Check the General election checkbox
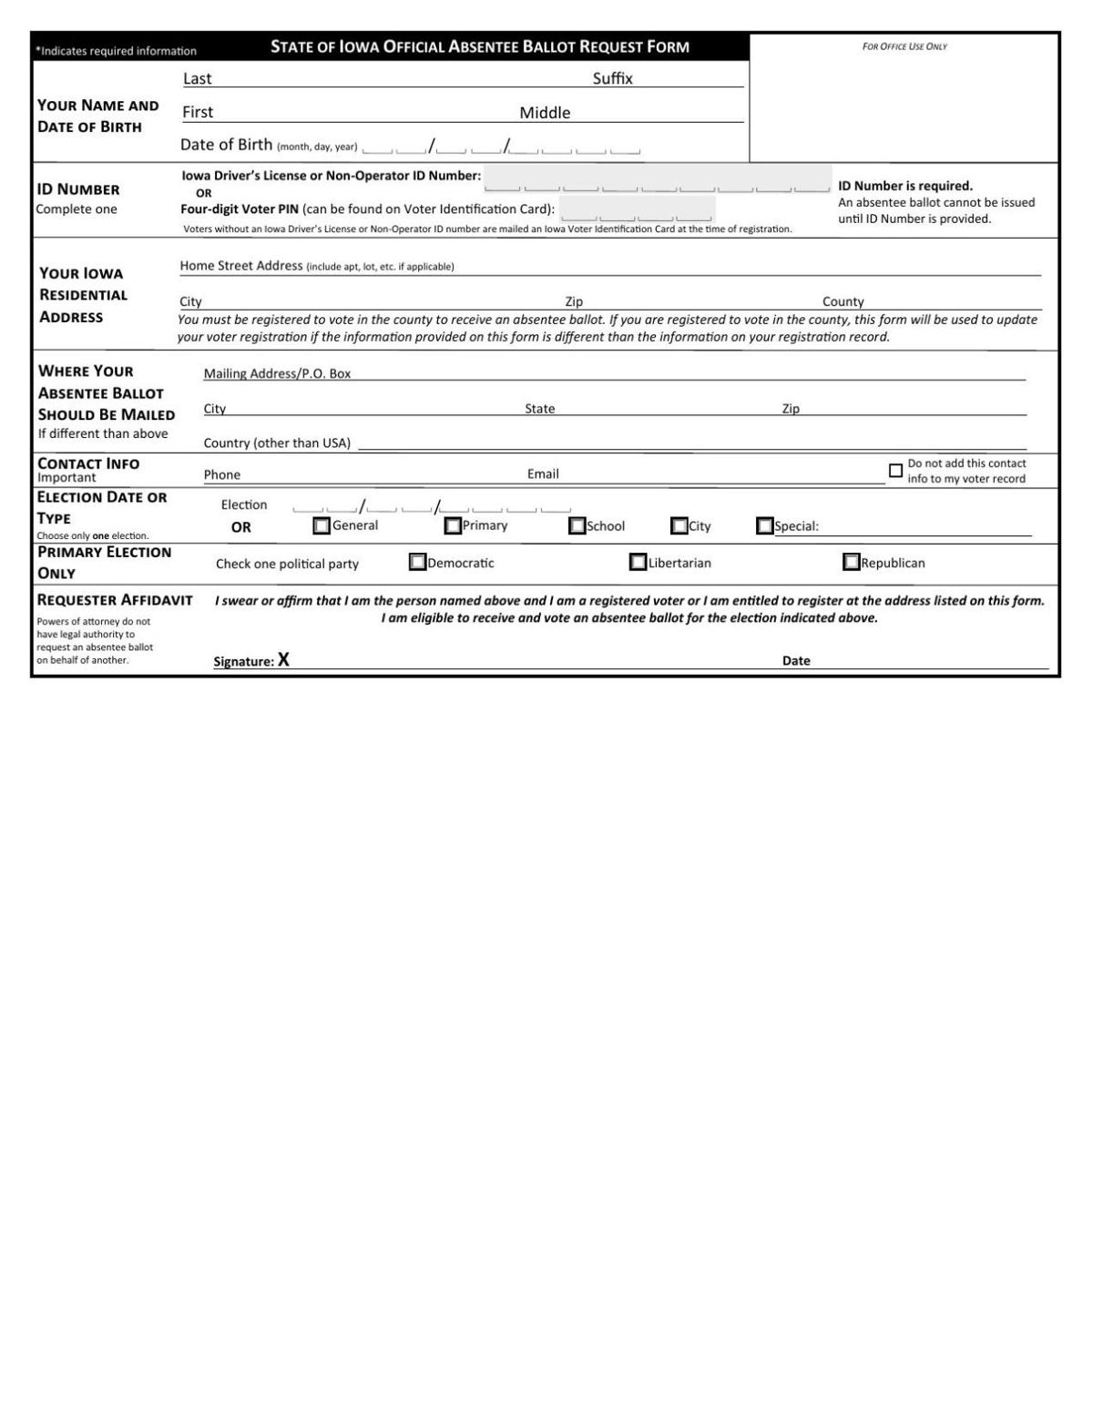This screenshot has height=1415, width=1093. pyautogui.click(x=322, y=526)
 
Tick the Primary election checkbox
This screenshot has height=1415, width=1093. pyautogui.click(x=453, y=526)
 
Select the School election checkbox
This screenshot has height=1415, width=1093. pyautogui.click(x=577, y=526)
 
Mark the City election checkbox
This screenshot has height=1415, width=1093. pyautogui.click(x=679, y=526)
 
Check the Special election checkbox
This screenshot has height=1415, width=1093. pyautogui.click(x=765, y=526)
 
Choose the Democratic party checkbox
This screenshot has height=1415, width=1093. pyautogui.click(x=418, y=563)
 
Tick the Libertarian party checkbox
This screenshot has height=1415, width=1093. pyautogui.click(x=638, y=563)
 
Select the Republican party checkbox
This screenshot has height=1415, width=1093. pyautogui.click(x=852, y=563)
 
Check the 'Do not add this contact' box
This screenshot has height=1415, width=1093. pyautogui.click(x=895, y=471)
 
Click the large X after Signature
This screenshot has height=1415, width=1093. pyautogui.click(x=284, y=660)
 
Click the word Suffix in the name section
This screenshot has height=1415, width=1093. pyautogui.click(x=612, y=78)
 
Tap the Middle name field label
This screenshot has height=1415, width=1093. pyautogui.click(x=545, y=113)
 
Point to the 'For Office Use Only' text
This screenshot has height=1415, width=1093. pyautogui.click(x=904, y=46)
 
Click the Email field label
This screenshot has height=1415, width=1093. pyautogui.click(x=543, y=473)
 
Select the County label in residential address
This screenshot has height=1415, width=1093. pyautogui.click(x=843, y=301)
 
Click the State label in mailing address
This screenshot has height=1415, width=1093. pyautogui.click(x=539, y=409)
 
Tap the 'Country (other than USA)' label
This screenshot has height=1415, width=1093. pyautogui.click(x=277, y=443)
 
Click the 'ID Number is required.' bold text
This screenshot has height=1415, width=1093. pyautogui.click(x=905, y=186)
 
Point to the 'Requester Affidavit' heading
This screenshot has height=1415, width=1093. pyautogui.click(x=115, y=600)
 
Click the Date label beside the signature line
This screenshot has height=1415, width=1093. pyautogui.click(x=796, y=661)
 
